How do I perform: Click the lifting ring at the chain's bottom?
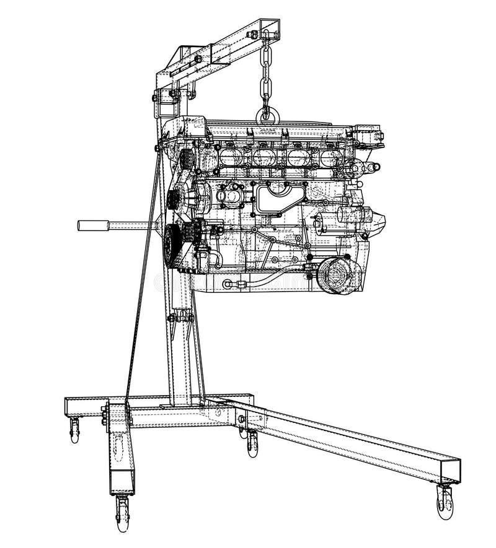tap(266, 114)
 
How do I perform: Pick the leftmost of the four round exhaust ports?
tap(228, 156)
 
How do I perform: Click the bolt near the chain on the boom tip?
tap(251, 35)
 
